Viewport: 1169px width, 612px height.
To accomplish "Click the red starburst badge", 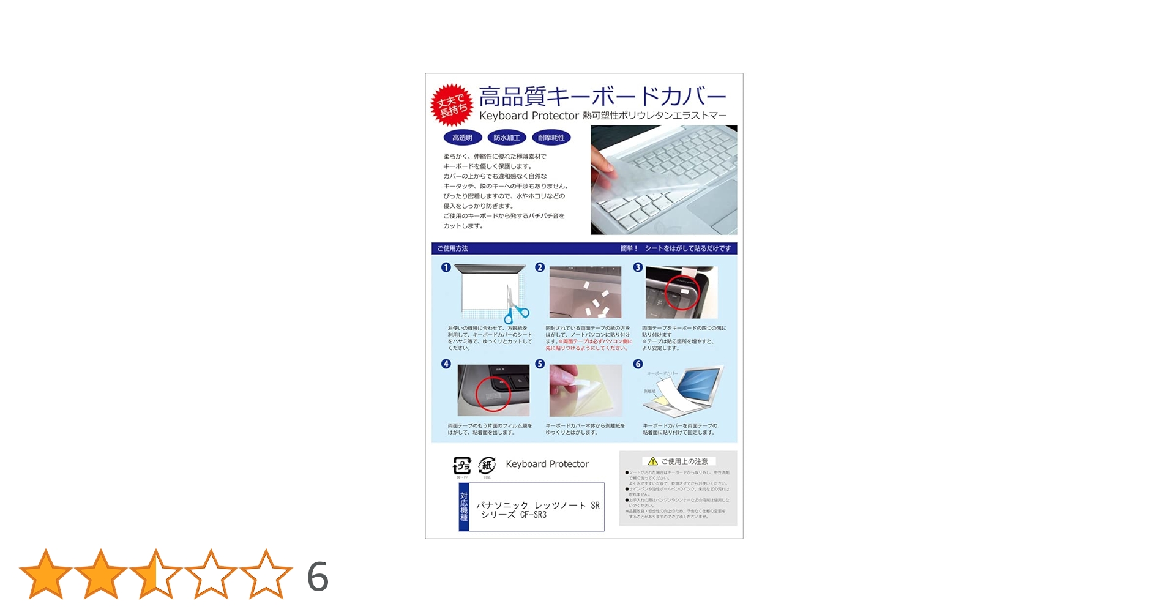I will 452,105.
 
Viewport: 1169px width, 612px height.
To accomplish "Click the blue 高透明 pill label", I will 462,138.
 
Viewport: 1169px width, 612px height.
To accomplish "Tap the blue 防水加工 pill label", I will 506,138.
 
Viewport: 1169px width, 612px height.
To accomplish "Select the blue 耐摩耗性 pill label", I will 551,138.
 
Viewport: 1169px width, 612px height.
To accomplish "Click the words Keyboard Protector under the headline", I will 529,116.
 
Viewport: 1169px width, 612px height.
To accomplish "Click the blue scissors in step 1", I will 515,309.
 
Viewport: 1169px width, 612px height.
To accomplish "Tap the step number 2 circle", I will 540,267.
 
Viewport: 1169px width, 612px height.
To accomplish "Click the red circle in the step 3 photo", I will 681,293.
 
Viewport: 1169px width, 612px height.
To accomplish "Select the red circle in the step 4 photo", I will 493,394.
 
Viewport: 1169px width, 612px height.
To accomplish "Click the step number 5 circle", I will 540,364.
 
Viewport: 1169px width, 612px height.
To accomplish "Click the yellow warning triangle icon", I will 653,461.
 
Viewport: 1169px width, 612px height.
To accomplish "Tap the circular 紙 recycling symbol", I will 487,465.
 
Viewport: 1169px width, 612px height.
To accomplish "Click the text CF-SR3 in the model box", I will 533,515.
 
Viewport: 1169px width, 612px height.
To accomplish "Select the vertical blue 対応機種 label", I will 464,507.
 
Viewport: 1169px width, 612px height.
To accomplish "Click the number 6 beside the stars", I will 318,577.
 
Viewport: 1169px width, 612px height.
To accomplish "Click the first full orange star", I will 46,575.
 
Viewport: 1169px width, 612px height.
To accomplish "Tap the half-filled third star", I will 156,575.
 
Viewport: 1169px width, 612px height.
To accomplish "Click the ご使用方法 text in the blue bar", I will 453,248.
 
